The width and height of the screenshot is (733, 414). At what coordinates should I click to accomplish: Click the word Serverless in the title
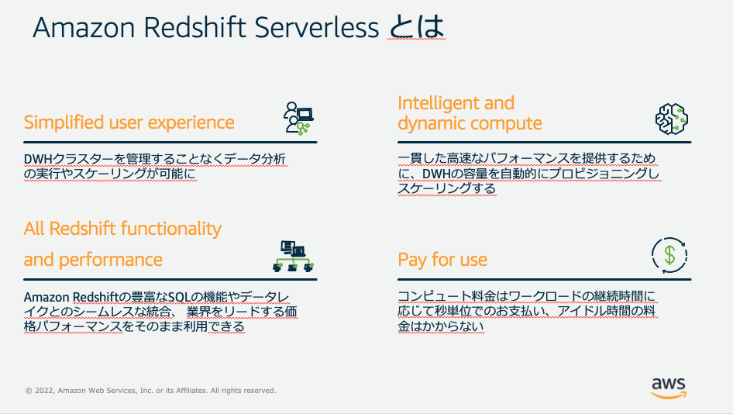pos(316,27)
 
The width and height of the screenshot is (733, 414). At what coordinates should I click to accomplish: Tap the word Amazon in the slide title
pos(84,27)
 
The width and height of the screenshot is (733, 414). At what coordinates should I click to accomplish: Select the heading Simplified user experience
pos(129,122)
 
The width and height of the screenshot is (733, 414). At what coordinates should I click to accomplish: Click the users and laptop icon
pos(298,119)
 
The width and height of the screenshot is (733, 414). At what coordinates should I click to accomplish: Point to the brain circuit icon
pos(671,119)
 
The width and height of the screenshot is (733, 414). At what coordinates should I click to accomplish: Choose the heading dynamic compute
pos(470,123)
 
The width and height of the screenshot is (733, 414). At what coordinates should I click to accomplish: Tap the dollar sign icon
pos(669,255)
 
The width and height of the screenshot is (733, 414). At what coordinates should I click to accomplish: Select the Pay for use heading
pos(442,260)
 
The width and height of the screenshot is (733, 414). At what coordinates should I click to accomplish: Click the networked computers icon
pos(293,257)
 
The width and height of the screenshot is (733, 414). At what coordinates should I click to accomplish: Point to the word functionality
pos(171,229)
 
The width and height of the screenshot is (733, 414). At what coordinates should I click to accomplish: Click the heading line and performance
pos(93,260)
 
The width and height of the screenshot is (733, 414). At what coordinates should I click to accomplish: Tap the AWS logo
pos(669,388)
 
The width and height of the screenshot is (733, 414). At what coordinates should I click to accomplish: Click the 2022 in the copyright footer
pos(44,391)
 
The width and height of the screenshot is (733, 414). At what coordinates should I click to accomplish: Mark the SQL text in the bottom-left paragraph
pos(179,297)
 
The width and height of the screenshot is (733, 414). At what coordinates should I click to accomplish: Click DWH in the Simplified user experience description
pos(37,160)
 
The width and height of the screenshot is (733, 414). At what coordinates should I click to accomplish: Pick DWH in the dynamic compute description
pos(436,174)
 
